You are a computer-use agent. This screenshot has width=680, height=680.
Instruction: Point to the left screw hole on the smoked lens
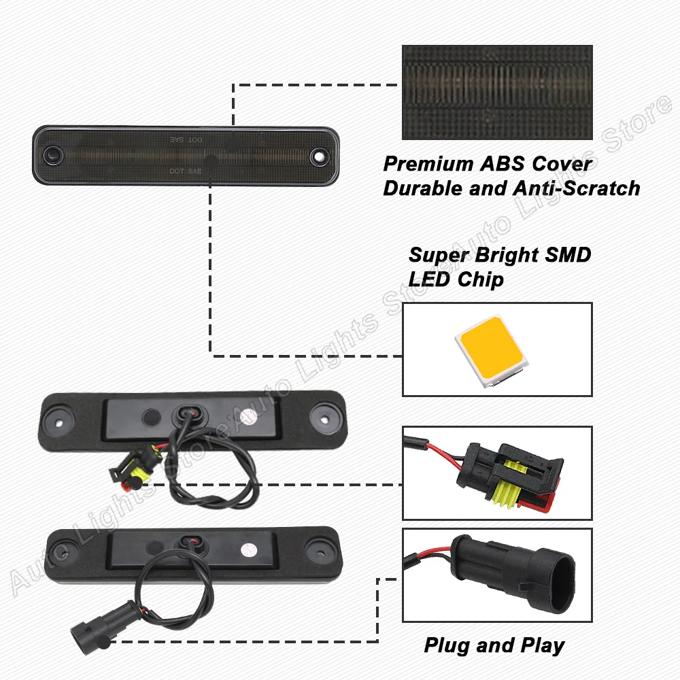pos(51,156)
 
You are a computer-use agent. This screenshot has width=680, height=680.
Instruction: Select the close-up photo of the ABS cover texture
pos(497,92)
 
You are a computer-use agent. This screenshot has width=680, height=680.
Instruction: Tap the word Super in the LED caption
pos(436,256)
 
